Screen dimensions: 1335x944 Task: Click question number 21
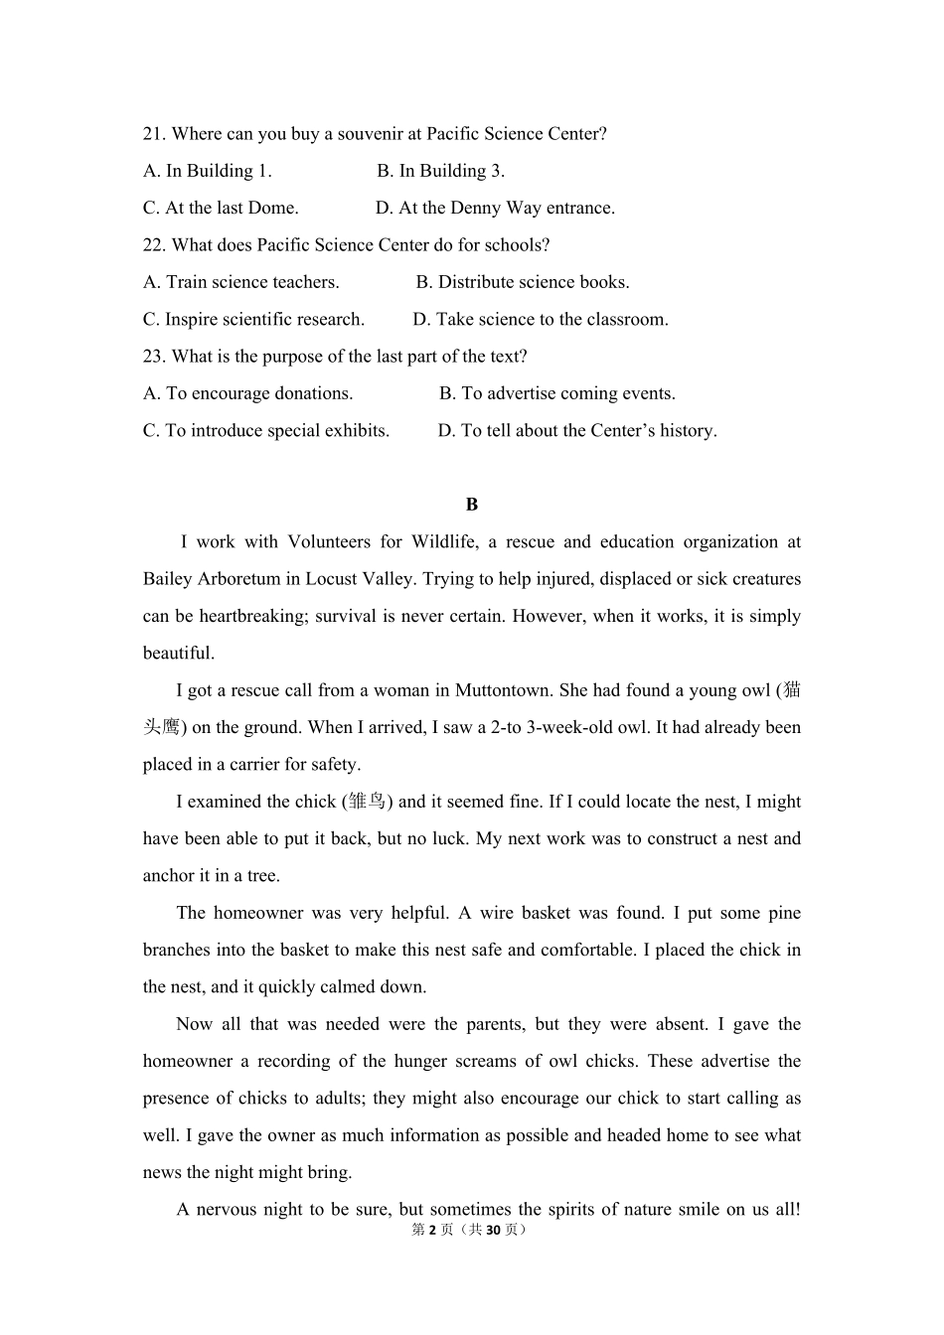click(x=154, y=134)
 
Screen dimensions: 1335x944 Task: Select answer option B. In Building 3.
click(x=440, y=171)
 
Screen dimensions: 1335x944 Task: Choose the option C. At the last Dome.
click(x=221, y=208)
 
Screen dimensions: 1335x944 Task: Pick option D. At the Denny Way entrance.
click(x=495, y=208)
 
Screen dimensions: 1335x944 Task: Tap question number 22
click(x=154, y=245)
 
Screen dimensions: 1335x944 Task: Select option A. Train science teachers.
click(x=241, y=282)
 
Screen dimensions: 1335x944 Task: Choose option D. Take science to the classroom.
click(x=541, y=319)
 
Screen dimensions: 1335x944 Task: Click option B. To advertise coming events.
click(x=557, y=393)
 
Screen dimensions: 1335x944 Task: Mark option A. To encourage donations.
click(x=248, y=393)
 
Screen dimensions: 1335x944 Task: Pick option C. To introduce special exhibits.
click(x=266, y=430)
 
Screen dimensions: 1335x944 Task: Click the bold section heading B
click(x=472, y=505)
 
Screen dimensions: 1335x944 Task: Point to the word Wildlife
click(x=444, y=542)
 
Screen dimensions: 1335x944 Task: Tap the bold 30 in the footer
click(x=493, y=1230)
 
